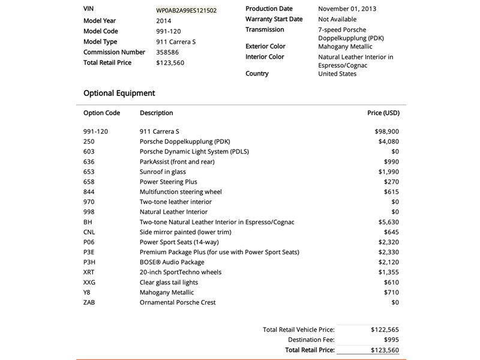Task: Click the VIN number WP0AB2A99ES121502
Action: [x=186, y=10]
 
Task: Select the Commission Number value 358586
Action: [x=167, y=52]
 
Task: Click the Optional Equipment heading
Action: [x=119, y=93]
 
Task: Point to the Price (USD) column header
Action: [x=383, y=113]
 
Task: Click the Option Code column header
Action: [x=101, y=113]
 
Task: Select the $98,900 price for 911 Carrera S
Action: [x=386, y=131]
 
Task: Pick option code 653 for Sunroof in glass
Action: [x=89, y=172]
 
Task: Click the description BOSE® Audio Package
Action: [x=172, y=262]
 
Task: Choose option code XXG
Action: [x=89, y=283]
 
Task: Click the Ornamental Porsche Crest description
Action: [x=178, y=302]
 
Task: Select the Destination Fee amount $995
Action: [x=389, y=340]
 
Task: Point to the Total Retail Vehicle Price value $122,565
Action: [x=385, y=329]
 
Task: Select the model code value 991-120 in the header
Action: [x=169, y=31]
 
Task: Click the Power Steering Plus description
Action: [x=168, y=182]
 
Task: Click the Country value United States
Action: [x=337, y=74]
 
